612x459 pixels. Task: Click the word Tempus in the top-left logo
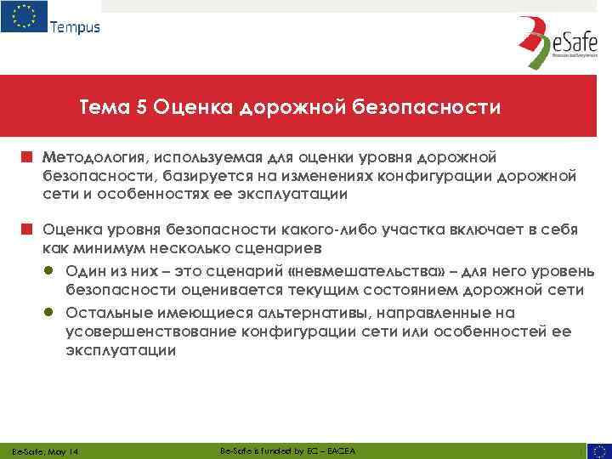pyautogui.click(x=75, y=27)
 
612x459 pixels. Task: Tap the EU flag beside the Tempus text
pyautogui.click(x=24, y=18)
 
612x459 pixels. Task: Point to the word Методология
pyautogui.click(x=93, y=158)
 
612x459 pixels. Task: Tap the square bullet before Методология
pyautogui.click(x=27, y=157)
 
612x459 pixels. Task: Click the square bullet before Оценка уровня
pyautogui.click(x=27, y=229)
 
